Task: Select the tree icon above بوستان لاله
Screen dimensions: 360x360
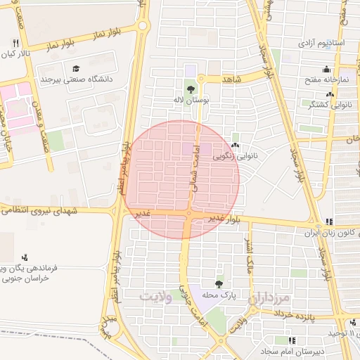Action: click(191, 89)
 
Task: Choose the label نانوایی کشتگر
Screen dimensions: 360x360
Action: click(331, 104)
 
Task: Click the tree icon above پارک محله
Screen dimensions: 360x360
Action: click(219, 284)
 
